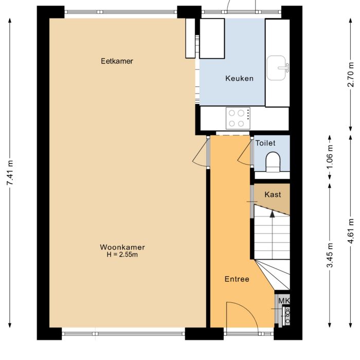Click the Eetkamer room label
(x=117, y=61)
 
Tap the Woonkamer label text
(x=122, y=247)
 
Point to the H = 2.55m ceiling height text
(x=122, y=254)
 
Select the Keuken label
(x=239, y=78)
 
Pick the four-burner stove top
(x=238, y=118)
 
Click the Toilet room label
(x=265, y=143)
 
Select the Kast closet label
(x=273, y=194)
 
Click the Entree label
(x=237, y=279)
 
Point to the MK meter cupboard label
(x=284, y=301)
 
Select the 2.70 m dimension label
(x=351, y=75)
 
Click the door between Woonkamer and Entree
(x=201, y=156)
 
